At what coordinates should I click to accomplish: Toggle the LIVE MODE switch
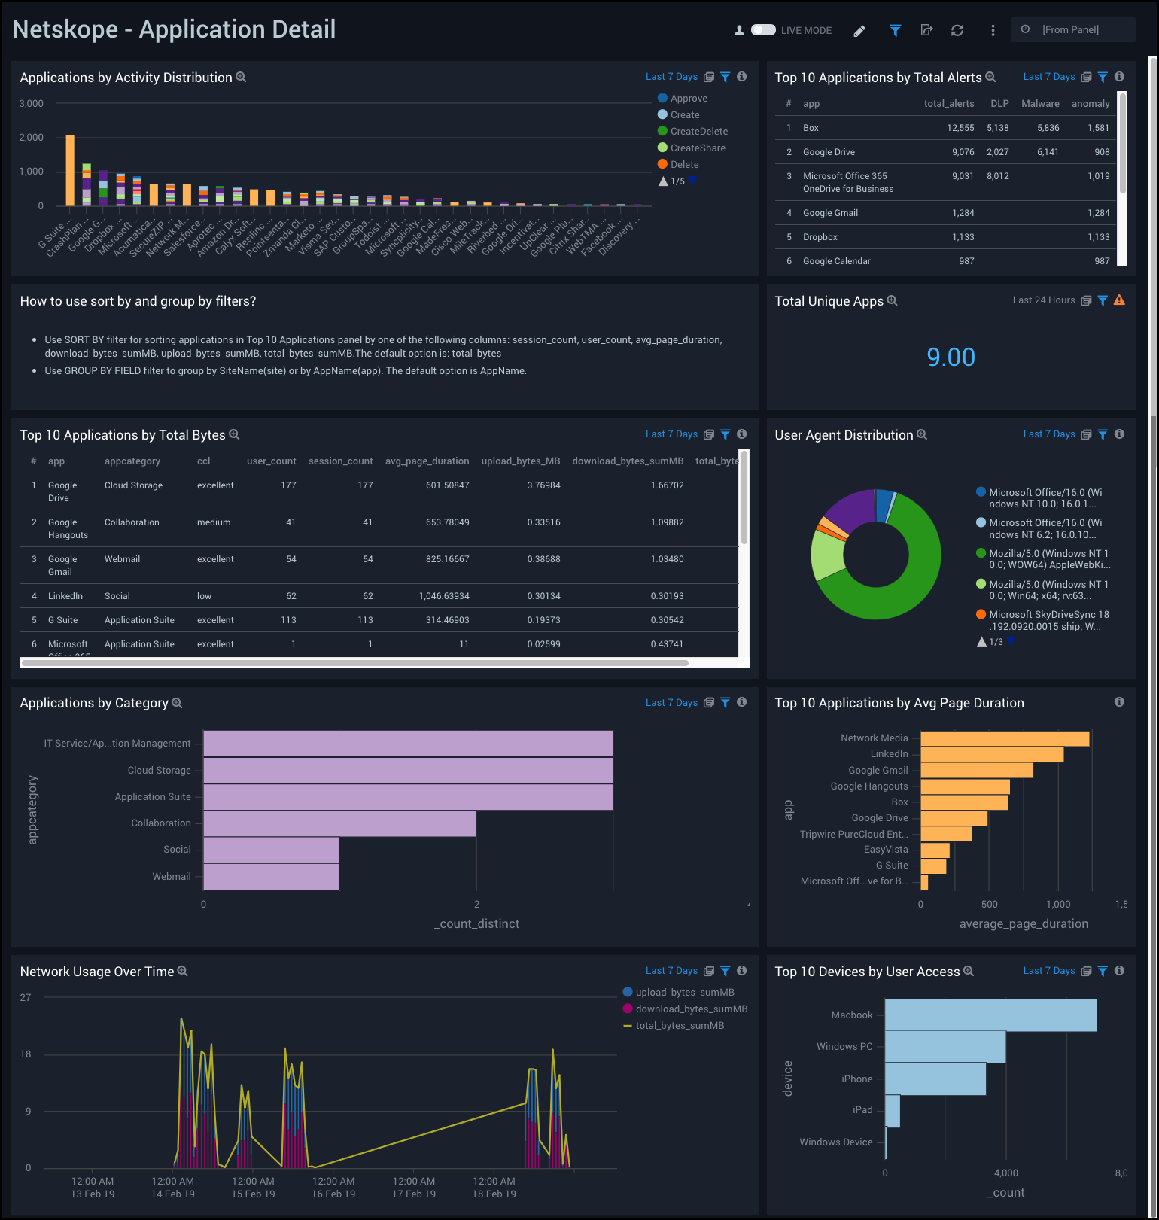click(763, 30)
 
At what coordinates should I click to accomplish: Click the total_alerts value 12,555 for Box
click(960, 128)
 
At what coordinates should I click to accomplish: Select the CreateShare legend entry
click(697, 148)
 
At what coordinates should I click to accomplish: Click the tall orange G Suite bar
click(70, 170)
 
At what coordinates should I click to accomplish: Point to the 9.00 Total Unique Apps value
click(951, 357)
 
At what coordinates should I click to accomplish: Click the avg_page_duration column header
click(427, 461)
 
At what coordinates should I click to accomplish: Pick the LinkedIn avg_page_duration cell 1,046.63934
click(444, 596)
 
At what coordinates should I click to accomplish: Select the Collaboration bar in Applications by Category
click(339, 823)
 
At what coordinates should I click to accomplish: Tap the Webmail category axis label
click(172, 877)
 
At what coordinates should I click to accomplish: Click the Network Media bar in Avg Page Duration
click(1004, 739)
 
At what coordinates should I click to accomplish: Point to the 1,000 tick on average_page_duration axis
click(1058, 905)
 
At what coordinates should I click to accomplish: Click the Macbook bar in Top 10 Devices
click(990, 1015)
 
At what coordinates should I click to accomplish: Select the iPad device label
click(862, 1110)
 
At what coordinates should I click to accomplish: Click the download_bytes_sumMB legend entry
click(691, 1009)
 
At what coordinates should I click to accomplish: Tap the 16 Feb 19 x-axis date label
click(333, 1194)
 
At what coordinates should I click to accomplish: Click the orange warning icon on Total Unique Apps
click(1119, 300)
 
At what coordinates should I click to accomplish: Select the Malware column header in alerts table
click(1040, 104)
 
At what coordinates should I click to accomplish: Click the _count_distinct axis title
click(476, 924)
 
